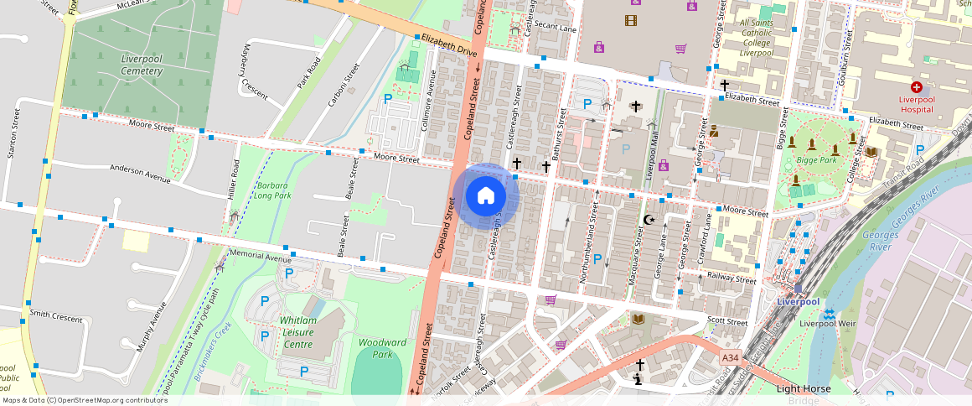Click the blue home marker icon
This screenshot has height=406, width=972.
[485, 196]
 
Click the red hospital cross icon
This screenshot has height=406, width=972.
[916, 87]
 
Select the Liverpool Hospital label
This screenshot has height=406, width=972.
[916, 103]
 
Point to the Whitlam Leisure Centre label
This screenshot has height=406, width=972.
[297, 332]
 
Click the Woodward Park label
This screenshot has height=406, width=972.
[382, 348]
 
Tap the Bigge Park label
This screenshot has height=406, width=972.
[818, 159]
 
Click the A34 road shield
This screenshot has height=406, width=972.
[731, 358]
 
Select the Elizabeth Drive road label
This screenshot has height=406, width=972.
[448, 44]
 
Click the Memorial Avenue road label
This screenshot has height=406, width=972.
[260, 253]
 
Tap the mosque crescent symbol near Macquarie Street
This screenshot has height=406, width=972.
[648, 220]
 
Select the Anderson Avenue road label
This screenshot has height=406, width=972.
[140, 172]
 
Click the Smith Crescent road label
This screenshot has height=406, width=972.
[56, 316]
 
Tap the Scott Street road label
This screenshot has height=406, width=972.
[726, 321]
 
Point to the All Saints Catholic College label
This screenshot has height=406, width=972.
[756, 36]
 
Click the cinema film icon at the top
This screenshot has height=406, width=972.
[630, 20]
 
